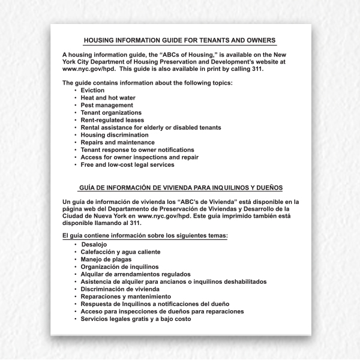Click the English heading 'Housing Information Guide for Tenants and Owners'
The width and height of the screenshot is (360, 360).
(x=180, y=40)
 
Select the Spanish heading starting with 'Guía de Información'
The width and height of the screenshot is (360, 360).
(x=181, y=187)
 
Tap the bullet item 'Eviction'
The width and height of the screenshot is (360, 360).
(x=92, y=91)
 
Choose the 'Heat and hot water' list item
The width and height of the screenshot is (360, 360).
(x=108, y=98)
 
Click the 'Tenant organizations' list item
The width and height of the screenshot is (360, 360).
(x=111, y=113)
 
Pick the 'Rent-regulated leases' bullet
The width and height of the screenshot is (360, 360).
(x=112, y=120)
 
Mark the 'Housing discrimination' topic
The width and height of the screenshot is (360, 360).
(x=114, y=135)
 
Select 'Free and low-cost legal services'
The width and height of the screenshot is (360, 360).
(x=128, y=164)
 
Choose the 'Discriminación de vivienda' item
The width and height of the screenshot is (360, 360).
(x=120, y=289)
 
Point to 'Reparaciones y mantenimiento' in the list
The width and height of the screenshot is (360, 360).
(x=126, y=296)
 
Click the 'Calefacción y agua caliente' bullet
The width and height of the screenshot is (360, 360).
(x=121, y=252)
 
